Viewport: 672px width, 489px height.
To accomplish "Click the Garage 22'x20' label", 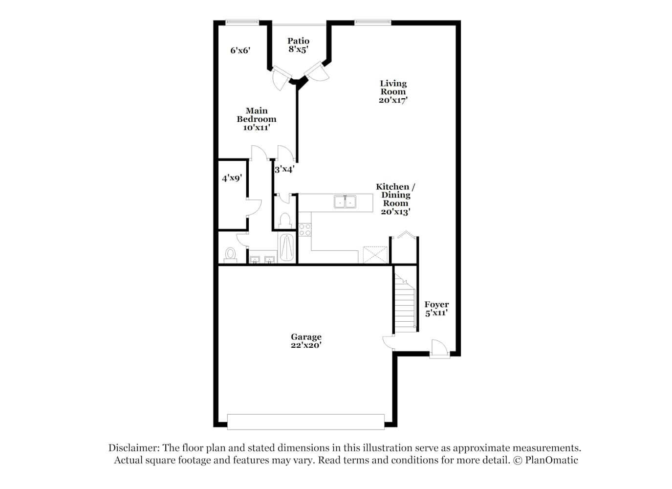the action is [306, 341].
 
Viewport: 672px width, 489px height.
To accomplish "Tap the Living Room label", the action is [393, 91].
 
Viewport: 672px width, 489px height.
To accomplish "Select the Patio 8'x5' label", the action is [298, 45].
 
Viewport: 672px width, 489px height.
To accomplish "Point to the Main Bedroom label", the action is [257, 119].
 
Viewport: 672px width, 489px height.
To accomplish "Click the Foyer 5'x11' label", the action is [436, 309].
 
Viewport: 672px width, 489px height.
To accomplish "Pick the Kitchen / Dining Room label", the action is [395, 199].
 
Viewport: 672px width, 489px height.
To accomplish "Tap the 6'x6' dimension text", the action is [240, 50].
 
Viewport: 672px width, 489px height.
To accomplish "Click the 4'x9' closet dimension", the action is [232, 178].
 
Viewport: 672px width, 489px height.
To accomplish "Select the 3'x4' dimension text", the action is [284, 169].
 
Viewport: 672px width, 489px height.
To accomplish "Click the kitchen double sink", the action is [345, 201].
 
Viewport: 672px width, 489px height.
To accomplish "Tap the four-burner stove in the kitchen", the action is [305, 230].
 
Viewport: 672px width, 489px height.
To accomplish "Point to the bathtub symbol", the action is [286, 247].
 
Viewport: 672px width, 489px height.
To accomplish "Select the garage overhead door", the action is [306, 422].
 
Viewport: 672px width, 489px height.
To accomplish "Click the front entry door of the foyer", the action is [439, 349].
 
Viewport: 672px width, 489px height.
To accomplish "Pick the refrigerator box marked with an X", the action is [375, 255].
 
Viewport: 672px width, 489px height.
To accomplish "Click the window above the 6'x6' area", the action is [242, 22].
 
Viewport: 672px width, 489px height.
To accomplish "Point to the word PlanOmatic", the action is [551, 460].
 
